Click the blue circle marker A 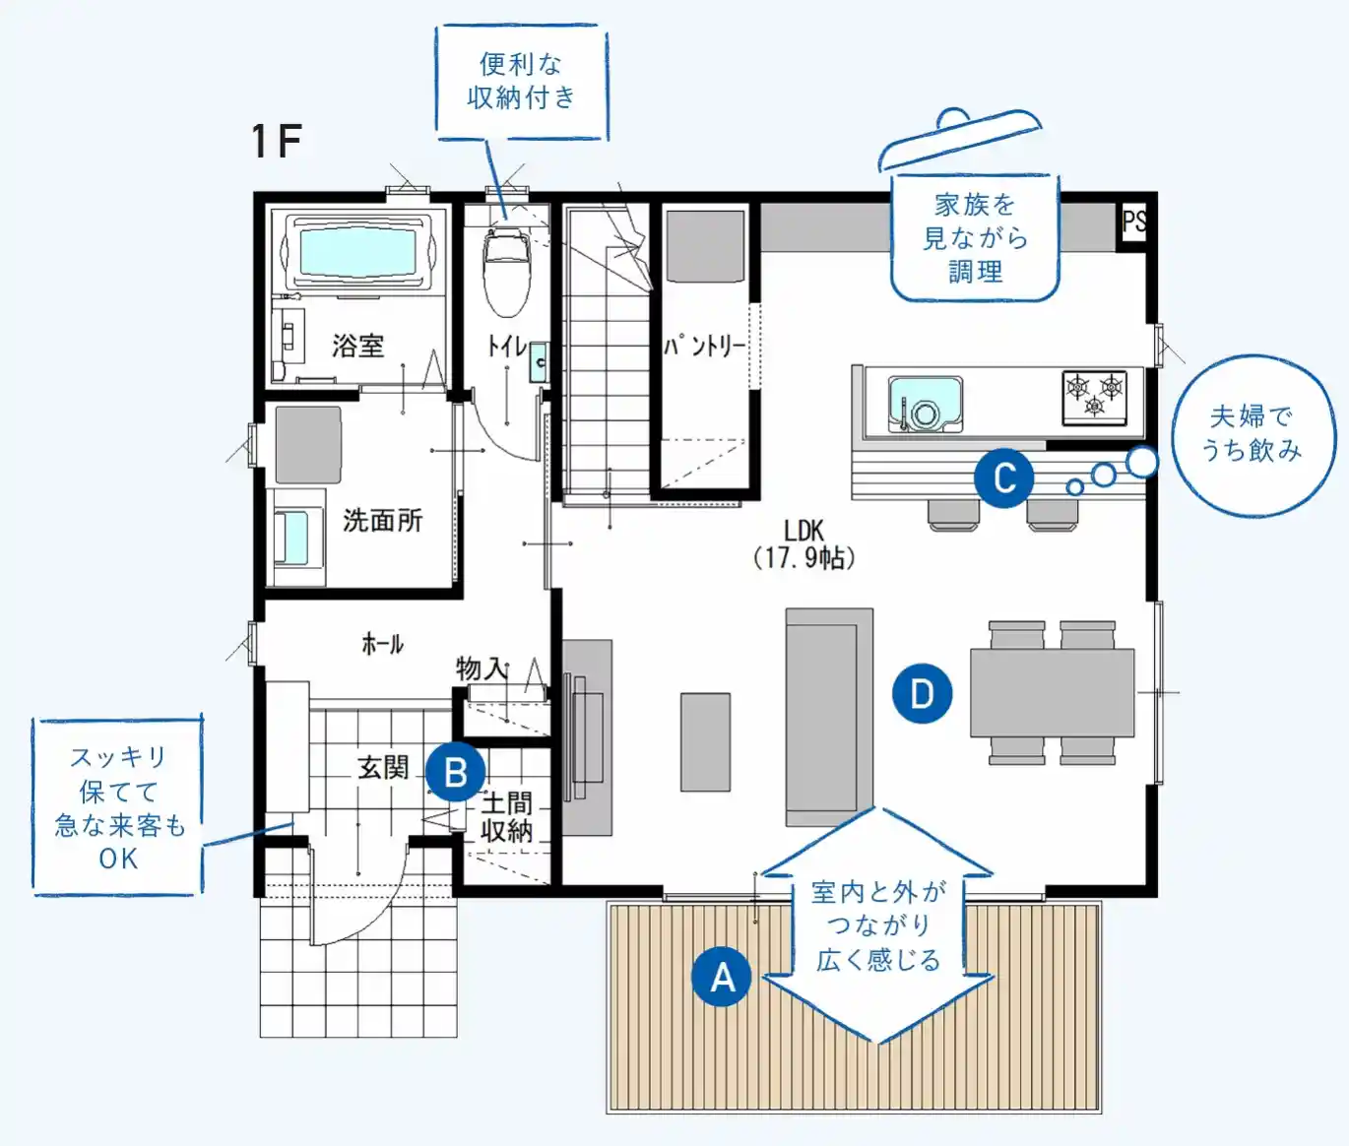point(722,977)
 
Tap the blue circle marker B point(456,772)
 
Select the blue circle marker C point(1003,477)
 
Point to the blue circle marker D point(923,693)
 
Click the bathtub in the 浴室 point(357,253)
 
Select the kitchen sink point(925,404)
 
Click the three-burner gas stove point(1095,398)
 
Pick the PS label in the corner point(1134,222)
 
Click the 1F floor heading point(277,141)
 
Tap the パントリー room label point(705,346)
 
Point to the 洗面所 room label point(382,520)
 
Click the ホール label point(382,645)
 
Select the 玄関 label point(383,768)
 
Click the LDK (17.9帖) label point(804,544)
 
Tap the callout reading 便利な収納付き point(522,83)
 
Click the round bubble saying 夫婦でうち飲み point(1253,435)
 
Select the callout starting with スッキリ point(118,805)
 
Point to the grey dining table point(1052,692)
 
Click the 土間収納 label point(507,817)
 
